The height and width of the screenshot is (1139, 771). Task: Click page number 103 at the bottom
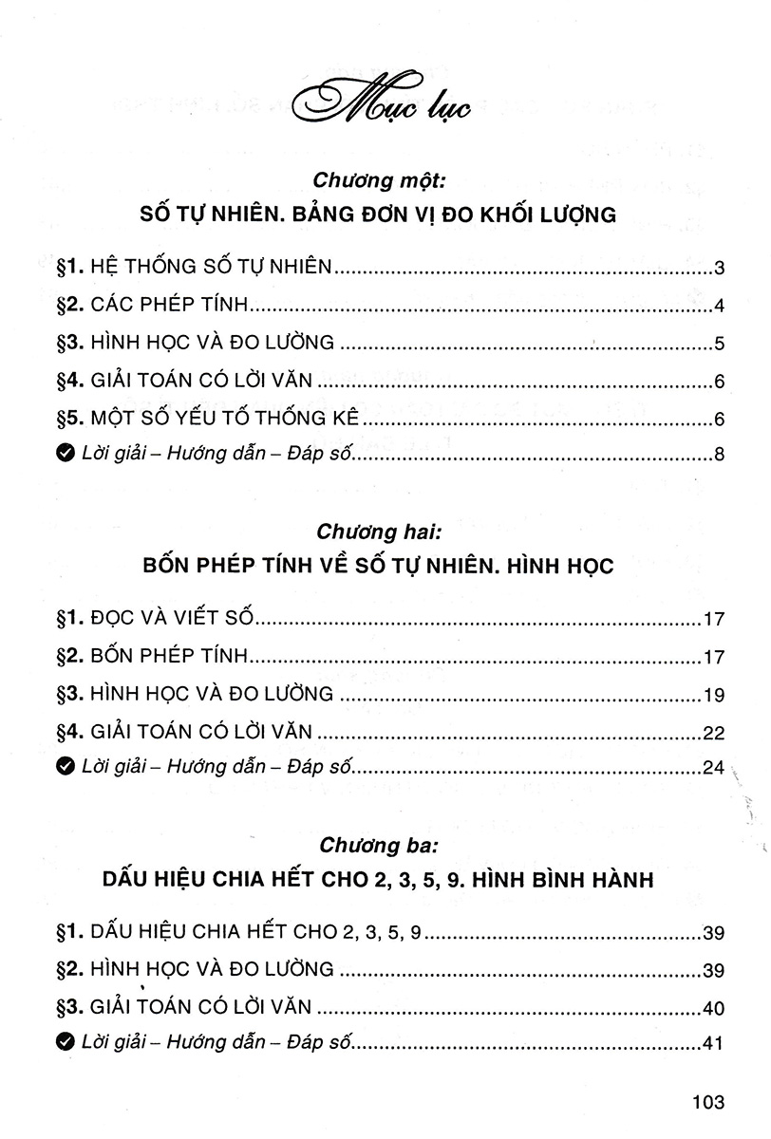tap(708, 1102)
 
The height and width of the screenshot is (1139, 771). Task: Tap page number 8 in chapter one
tap(720, 456)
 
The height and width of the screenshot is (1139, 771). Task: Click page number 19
tap(715, 696)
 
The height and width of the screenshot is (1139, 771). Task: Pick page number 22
tap(715, 733)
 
